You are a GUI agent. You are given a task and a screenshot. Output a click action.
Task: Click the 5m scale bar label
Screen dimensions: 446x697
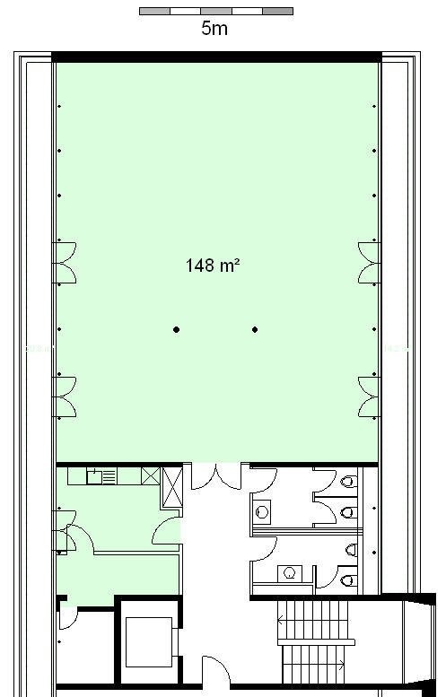[x=214, y=28]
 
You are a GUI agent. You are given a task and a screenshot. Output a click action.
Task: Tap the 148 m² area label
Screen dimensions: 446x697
[x=213, y=266]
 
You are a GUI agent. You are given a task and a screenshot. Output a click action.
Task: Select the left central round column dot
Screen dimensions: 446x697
[x=177, y=329]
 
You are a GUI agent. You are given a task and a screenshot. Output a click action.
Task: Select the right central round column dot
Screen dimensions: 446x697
[x=255, y=329]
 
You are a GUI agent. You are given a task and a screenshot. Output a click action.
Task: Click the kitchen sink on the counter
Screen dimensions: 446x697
[x=94, y=477]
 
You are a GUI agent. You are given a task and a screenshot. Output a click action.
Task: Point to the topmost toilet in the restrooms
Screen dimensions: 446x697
[x=349, y=481]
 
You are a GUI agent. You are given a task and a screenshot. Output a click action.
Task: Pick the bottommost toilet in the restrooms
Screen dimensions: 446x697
[x=349, y=579]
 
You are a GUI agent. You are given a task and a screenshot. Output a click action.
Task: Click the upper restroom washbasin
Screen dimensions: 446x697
[x=263, y=512]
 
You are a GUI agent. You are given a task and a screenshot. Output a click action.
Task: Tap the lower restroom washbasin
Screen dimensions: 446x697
[x=290, y=573]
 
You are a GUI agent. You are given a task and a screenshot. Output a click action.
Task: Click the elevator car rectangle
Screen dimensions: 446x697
[x=149, y=642]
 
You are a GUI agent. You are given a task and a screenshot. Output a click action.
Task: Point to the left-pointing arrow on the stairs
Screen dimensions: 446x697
[x=281, y=619]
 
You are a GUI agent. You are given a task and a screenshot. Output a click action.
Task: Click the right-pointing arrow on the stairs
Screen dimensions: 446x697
[x=342, y=665]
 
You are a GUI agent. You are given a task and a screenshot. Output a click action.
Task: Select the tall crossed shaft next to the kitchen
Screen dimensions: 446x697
[x=172, y=487]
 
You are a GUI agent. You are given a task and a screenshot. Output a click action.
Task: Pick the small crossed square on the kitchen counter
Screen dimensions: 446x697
[x=150, y=476]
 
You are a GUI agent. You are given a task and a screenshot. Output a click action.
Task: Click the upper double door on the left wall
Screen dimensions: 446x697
[x=65, y=263]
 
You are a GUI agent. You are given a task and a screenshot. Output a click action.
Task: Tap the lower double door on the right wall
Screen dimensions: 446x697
[x=369, y=397]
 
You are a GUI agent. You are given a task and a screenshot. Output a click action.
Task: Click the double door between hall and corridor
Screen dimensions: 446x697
[x=216, y=476]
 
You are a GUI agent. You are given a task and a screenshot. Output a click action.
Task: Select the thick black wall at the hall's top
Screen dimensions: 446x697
[x=216, y=57]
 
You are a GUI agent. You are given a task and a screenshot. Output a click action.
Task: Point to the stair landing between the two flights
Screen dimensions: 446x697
[x=316, y=642]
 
